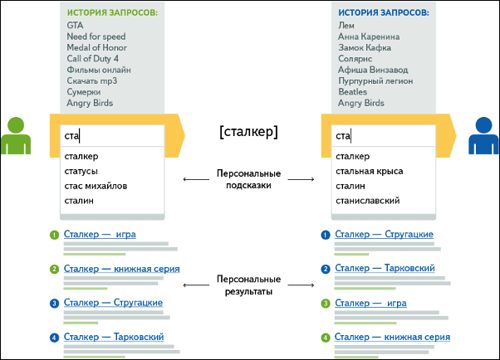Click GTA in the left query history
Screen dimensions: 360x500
76,22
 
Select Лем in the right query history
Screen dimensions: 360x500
346,22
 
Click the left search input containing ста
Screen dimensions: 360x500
110,136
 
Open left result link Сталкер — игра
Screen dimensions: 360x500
99,236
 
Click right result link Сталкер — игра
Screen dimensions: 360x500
372,303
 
